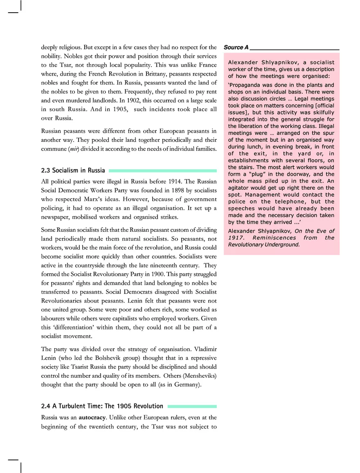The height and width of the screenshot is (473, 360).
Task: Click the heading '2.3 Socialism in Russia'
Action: [x=73, y=170]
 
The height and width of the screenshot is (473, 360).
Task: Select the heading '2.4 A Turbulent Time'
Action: [x=102, y=406]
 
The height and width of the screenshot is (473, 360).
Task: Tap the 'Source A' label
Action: [x=236, y=47]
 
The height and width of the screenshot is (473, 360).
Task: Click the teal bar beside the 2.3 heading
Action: [x=162, y=170]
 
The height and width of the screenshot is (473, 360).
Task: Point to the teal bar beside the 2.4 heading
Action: [x=192, y=406]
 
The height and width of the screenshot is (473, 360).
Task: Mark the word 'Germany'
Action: [x=186, y=384]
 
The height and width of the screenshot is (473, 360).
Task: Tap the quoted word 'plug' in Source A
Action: [x=256, y=174]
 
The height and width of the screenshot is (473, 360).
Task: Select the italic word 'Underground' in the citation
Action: [x=281, y=244]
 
